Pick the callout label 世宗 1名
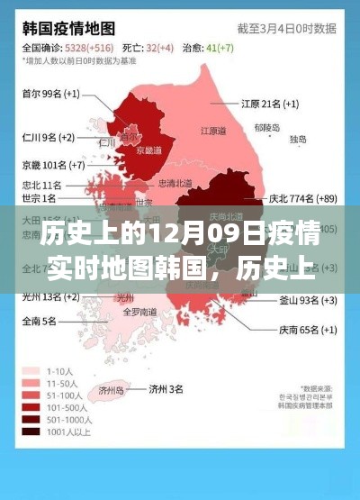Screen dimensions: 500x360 coord(37,197)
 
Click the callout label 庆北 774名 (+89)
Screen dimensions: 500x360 coord(302,198)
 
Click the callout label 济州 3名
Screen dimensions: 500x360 coord(166,388)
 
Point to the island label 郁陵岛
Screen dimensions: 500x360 coord(267,128)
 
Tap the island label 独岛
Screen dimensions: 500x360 coord(298,140)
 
